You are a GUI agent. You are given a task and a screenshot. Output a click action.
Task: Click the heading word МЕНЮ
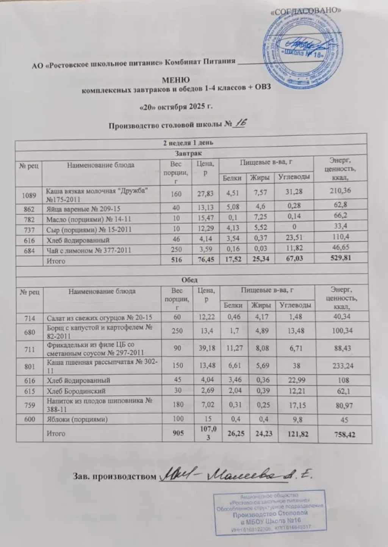(176, 80)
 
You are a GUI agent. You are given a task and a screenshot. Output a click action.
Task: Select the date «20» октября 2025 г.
(176, 107)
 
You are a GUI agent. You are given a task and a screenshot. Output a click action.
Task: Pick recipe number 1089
(29, 195)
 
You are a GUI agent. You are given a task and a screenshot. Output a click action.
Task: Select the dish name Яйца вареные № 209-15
(83, 209)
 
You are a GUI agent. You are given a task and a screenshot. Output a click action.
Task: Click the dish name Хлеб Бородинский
(76, 391)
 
